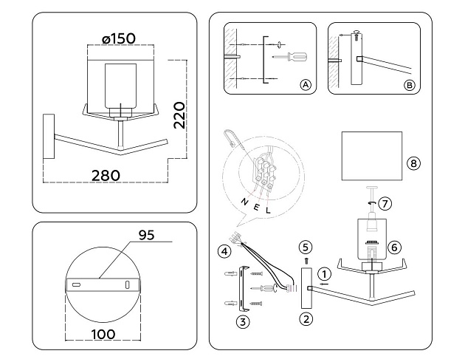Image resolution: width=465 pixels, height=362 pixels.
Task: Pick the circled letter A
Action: click(x=304, y=86)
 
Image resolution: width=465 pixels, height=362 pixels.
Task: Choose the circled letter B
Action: click(x=410, y=86)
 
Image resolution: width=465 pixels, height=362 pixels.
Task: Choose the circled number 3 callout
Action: click(x=243, y=321)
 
